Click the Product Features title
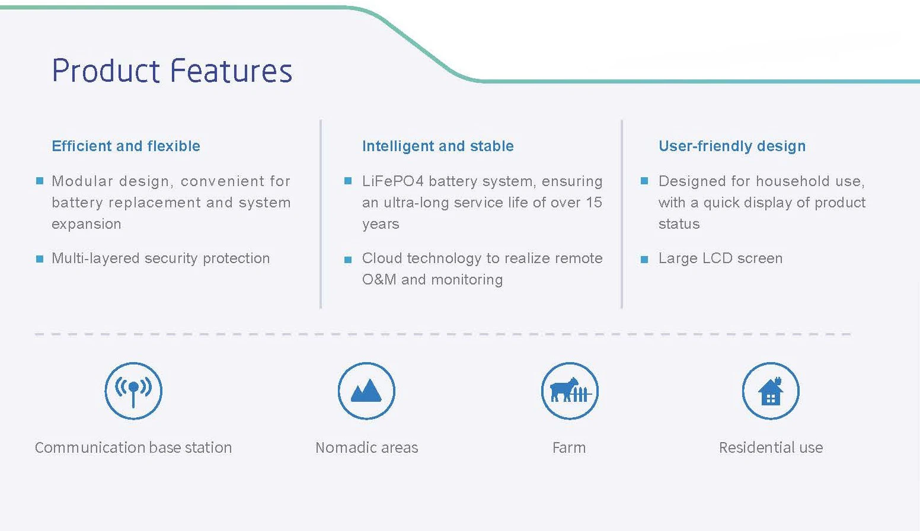click(x=172, y=71)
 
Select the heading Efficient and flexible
click(x=126, y=146)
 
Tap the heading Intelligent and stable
click(x=437, y=146)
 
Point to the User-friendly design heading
click(x=731, y=146)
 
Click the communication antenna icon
click(x=133, y=391)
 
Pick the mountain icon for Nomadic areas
click(x=366, y=391)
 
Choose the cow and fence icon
click(x=570, y=391)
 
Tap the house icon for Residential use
click(x=771, y=391)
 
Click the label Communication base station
click(x=133, y=447)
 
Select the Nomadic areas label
click(x=366, y=447)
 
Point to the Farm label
click(x=569, y=447)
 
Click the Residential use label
click(x=771, y=447)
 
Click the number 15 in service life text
click(x=594, y=202)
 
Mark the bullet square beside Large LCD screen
click(x=644, y=259)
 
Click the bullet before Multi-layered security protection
click(x=40, y=259)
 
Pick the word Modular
click(x=82, y=181)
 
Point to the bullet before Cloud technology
click(x=348, y=259)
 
